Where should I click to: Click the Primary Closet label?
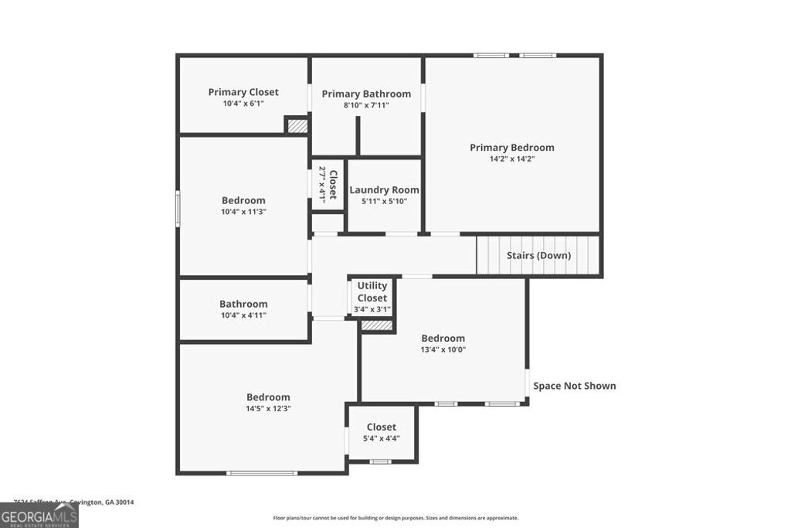(243, 92)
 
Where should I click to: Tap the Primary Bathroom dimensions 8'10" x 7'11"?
(366, 105)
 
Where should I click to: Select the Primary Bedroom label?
(512, 148)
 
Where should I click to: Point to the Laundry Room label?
(384, 190)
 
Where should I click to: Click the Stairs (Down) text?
(538, 255)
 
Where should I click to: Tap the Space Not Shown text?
(574, 386)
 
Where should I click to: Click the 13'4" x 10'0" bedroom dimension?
(443, 349)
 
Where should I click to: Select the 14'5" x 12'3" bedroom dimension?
(268, 408)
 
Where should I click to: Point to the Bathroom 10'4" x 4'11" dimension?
(243, 315)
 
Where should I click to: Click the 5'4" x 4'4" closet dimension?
(381, 438)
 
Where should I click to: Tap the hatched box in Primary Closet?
(296, 125)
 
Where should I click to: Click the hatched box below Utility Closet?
(377, 326)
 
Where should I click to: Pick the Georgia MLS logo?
(39, 516)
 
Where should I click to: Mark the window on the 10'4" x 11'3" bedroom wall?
(178, 209)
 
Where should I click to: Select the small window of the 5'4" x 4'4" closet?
(379, 462)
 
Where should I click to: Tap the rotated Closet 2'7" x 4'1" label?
(328, 184)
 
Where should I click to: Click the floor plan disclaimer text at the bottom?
(395, 518)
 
